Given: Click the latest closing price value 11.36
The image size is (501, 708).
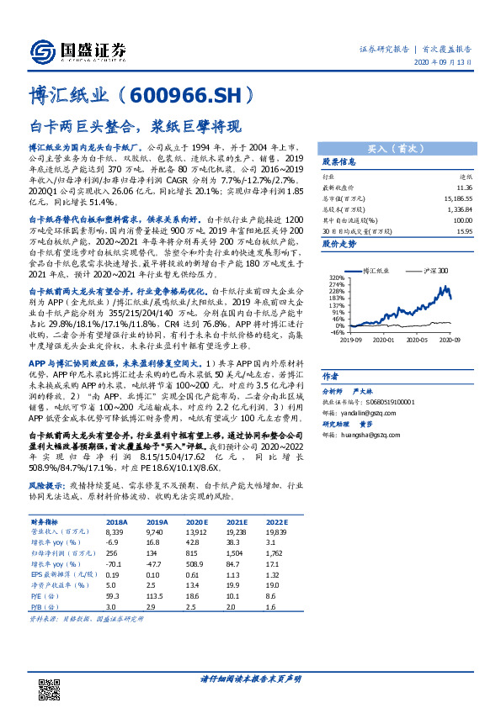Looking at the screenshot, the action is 462,189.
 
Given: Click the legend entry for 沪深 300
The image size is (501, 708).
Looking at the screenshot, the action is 430,272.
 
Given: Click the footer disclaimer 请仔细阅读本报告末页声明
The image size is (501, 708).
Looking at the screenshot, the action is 250,678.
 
